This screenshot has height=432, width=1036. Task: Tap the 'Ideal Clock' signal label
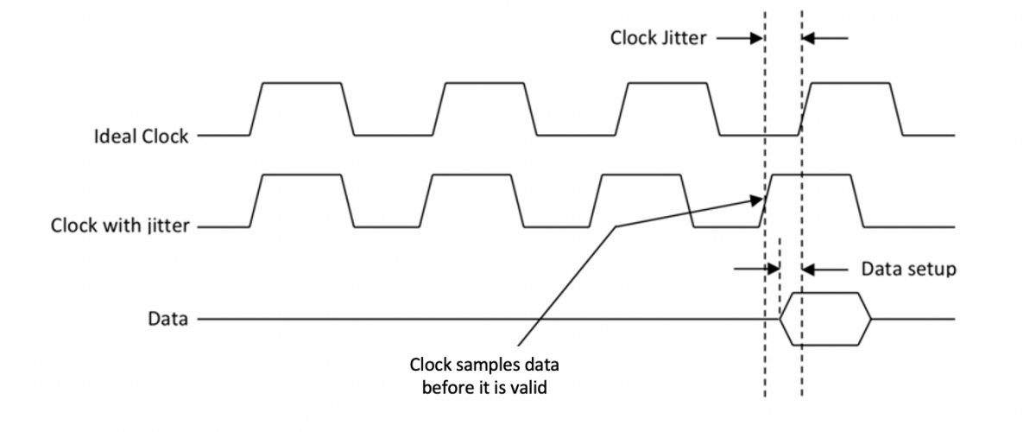coord(142,136)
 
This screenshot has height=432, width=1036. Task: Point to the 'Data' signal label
coord(168,319)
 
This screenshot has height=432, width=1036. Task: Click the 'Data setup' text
coord(908,269)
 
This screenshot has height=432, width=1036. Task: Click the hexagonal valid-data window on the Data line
coord(825,319)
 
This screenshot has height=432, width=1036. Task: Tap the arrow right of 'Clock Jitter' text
coord(738,38)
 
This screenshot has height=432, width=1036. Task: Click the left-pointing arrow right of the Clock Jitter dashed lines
coord(826,38)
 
